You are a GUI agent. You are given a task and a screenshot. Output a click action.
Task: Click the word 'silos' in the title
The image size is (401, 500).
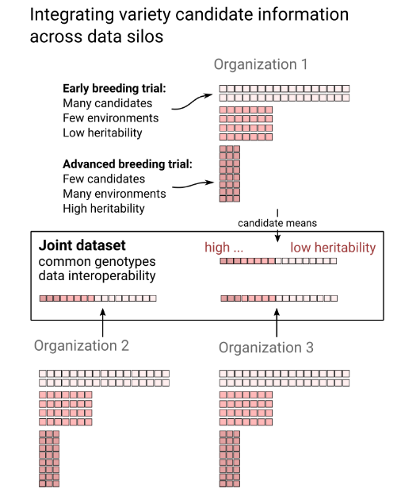click(145, 37)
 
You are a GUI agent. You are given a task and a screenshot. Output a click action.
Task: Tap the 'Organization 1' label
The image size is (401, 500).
click(261, 64)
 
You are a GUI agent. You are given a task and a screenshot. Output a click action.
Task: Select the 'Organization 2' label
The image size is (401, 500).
click(82, 346)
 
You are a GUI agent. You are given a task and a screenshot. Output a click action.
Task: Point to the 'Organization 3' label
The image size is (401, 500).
click(266, 348)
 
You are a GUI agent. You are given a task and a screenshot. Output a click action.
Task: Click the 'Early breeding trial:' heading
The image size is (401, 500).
click(114, 88)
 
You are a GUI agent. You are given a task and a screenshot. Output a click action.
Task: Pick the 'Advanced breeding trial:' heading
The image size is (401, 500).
click(128, 164)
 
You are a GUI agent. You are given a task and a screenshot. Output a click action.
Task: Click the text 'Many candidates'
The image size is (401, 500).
click(107, 103)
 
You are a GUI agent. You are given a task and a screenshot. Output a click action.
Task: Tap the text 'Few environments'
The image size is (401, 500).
click(110, 118)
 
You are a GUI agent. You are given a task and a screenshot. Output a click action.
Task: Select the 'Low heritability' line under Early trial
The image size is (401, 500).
click(102, 133)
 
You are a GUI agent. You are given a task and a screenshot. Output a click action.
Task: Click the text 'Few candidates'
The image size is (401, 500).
click(104, 179)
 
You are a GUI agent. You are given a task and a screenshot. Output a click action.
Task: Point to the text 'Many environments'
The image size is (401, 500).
click(114, 194)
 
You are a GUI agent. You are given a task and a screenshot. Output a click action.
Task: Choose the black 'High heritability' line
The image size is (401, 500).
click(104, 209)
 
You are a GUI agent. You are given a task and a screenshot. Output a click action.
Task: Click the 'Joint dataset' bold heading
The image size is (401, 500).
click(82, 245)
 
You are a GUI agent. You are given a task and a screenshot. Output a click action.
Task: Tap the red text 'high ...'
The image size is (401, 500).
click(223, 248)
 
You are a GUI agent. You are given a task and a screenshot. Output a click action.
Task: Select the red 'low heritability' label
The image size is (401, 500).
click(333, 248)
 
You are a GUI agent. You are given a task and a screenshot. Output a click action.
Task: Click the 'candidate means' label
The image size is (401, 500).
click(277, 223)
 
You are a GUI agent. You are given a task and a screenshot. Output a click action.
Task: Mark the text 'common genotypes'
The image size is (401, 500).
click(97, 262)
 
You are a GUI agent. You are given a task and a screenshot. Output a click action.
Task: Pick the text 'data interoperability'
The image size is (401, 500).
click(97, 276)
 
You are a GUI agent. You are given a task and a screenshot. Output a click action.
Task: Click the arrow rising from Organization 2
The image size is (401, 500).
click(102, 322)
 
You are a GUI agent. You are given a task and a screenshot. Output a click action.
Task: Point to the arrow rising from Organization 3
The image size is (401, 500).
click(277, 322)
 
